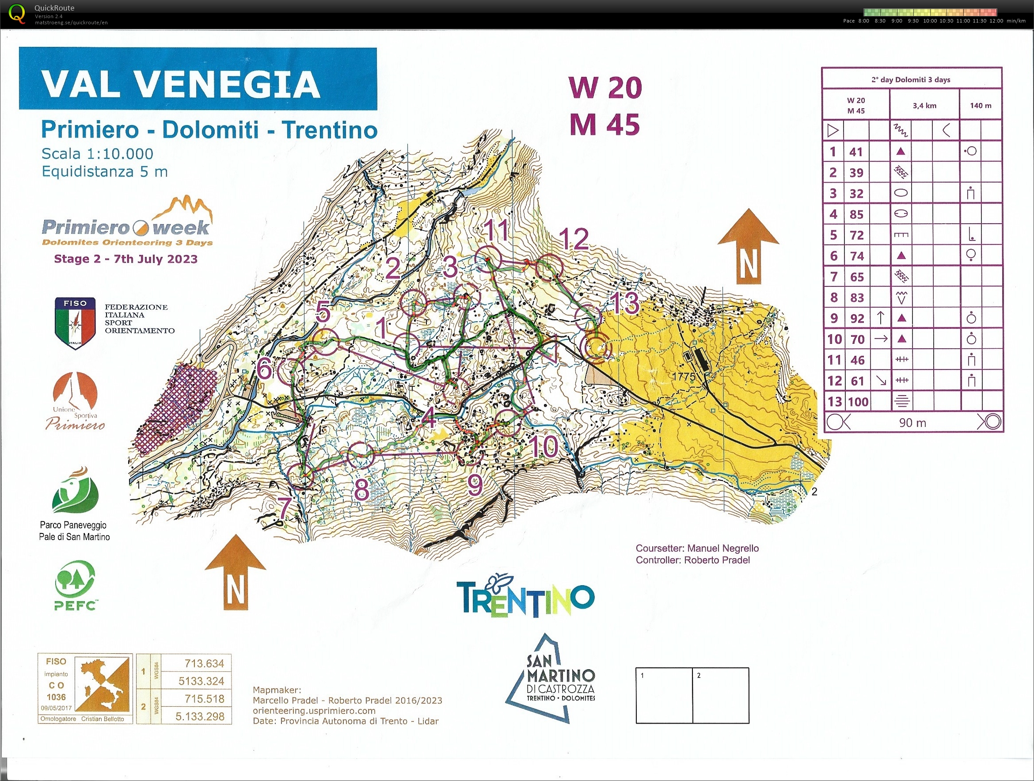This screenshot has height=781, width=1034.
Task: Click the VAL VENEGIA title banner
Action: coord(198,79)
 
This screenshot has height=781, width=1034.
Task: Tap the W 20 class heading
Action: coord(605,88)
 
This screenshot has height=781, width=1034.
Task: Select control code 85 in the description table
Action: coord(856,215)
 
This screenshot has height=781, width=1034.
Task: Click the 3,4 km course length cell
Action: coord(924,106)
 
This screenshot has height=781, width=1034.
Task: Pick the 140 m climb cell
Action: coord(980,106)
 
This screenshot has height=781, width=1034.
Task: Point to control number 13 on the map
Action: coord(625,303)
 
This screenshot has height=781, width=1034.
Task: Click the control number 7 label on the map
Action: coord(285,507)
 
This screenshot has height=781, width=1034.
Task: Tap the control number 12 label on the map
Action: coord(573,239)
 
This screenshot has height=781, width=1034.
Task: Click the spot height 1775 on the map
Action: coord(684,376)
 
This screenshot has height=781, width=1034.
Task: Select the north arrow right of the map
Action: coord(748,247)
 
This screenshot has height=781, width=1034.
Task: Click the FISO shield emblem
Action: coord(75,323)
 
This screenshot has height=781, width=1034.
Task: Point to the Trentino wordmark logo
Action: coord(525,598)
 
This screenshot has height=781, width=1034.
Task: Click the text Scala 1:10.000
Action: coord(97,154)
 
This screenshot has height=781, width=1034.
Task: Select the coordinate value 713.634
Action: coord(204,663)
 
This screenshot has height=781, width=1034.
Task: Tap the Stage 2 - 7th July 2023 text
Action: coord(126,259)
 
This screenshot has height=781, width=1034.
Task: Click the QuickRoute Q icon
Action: coord(17,14)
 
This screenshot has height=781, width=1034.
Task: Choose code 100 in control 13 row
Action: coord(858,402)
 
